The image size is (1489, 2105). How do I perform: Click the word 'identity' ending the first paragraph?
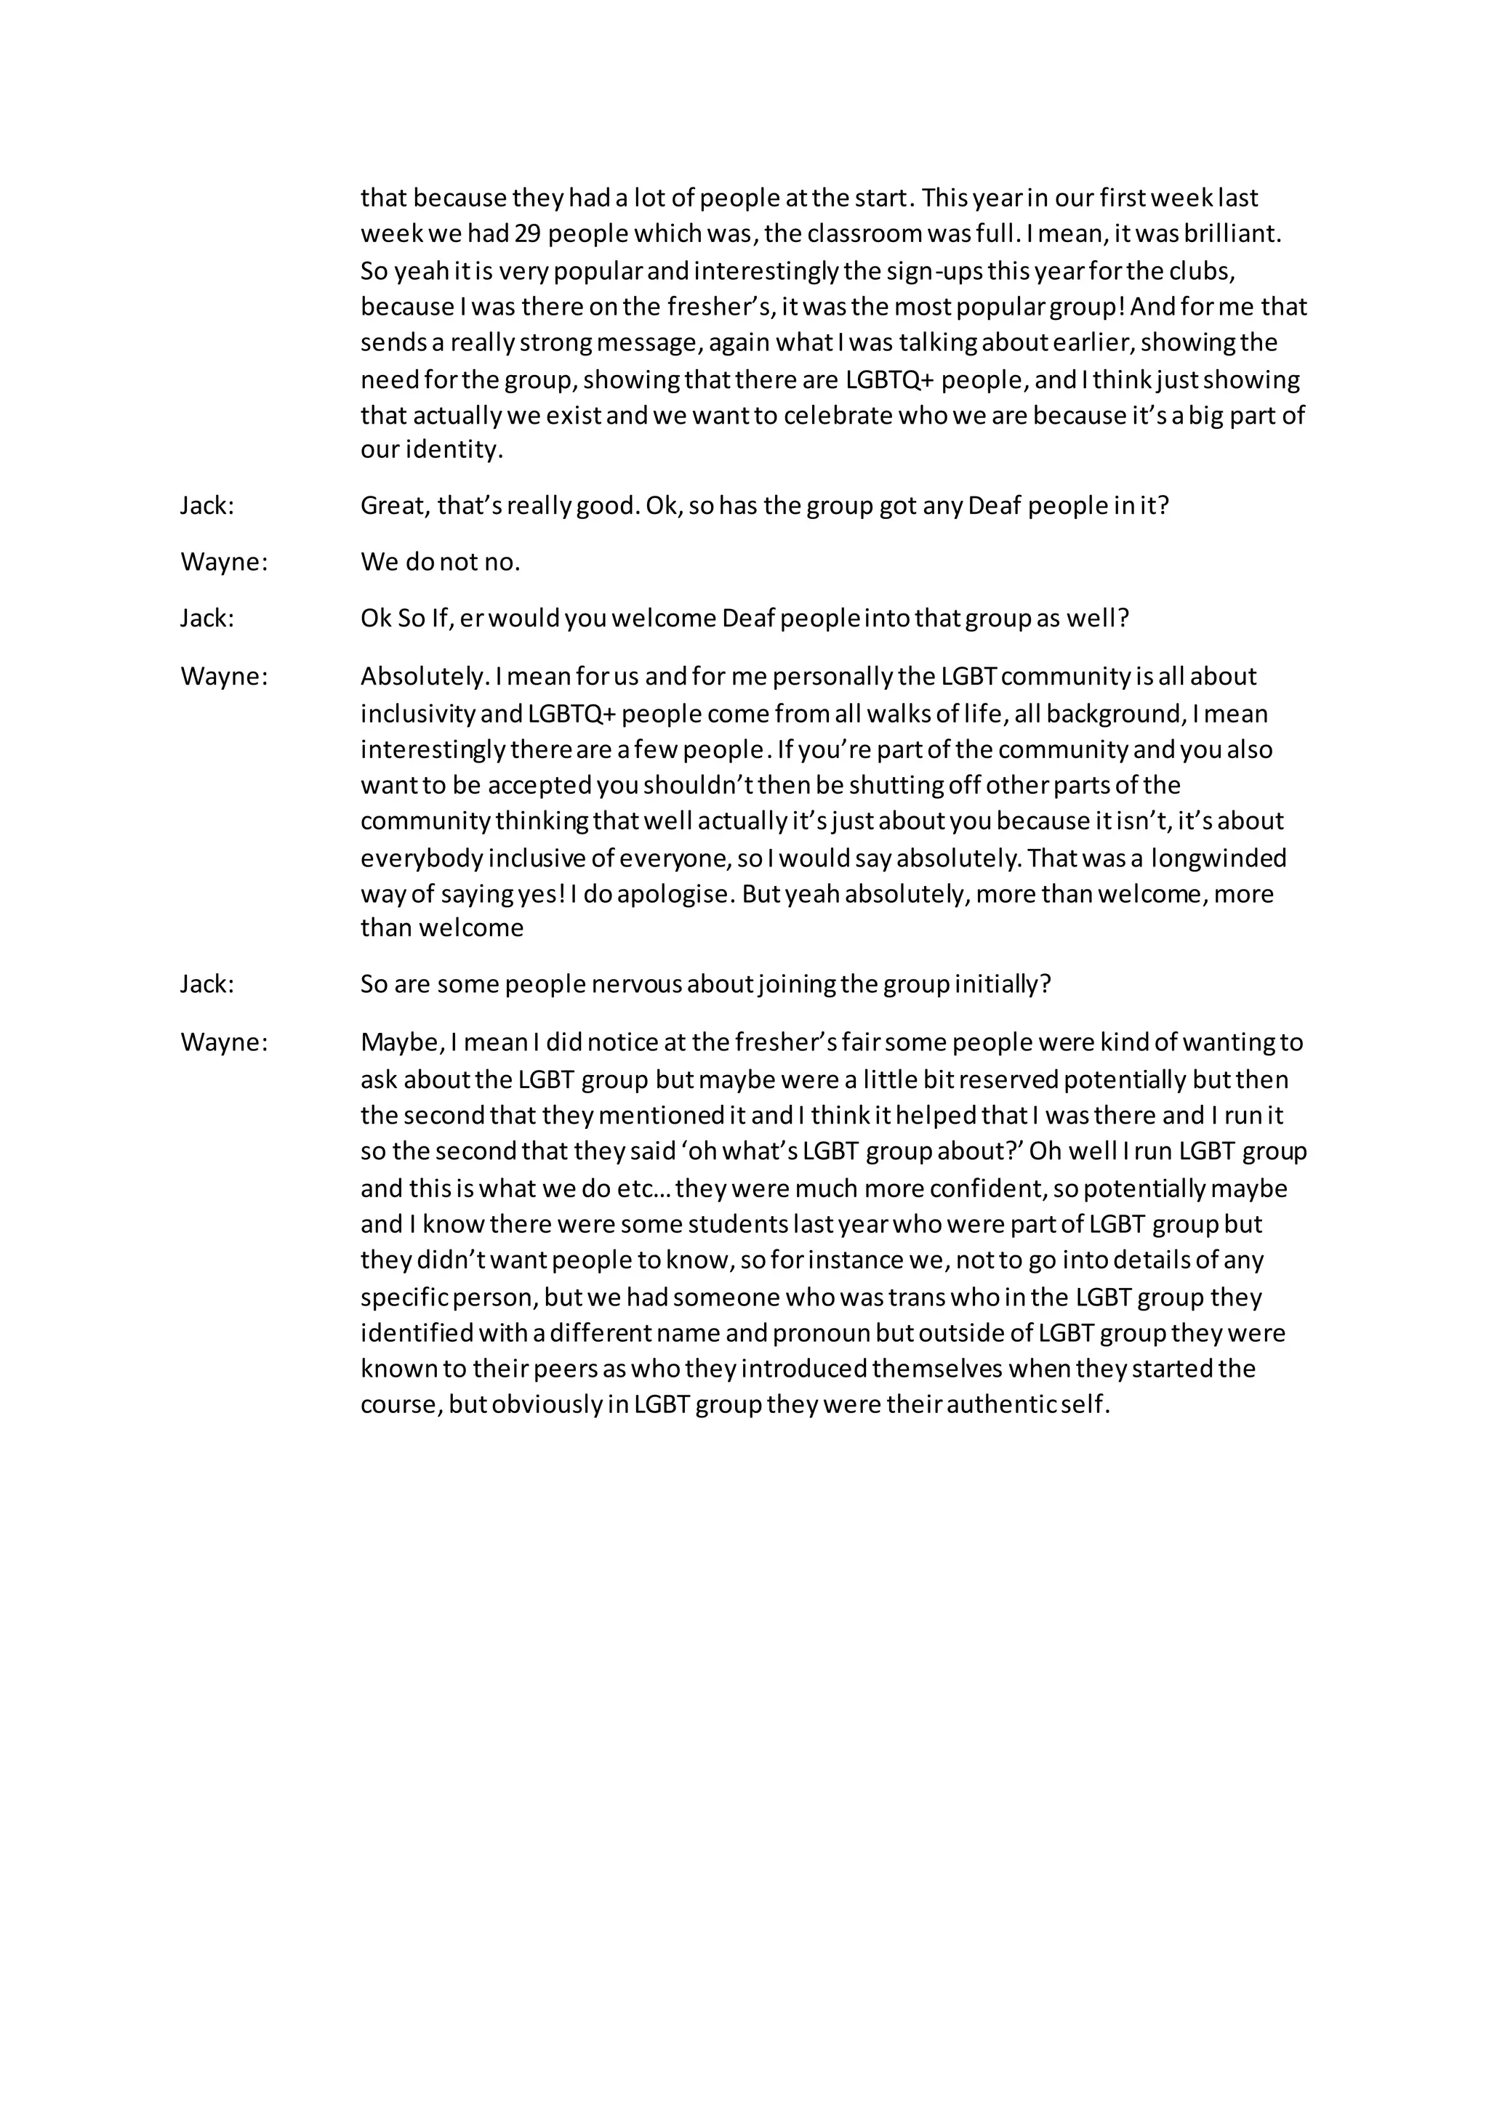453,450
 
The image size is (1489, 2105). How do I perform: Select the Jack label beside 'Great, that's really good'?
207,506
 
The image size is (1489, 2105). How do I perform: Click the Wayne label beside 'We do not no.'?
224,562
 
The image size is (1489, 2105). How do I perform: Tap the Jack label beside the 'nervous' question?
207,985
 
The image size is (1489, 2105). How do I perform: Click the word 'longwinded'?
1219,858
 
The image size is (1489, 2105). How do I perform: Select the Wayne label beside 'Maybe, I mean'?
224,1043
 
